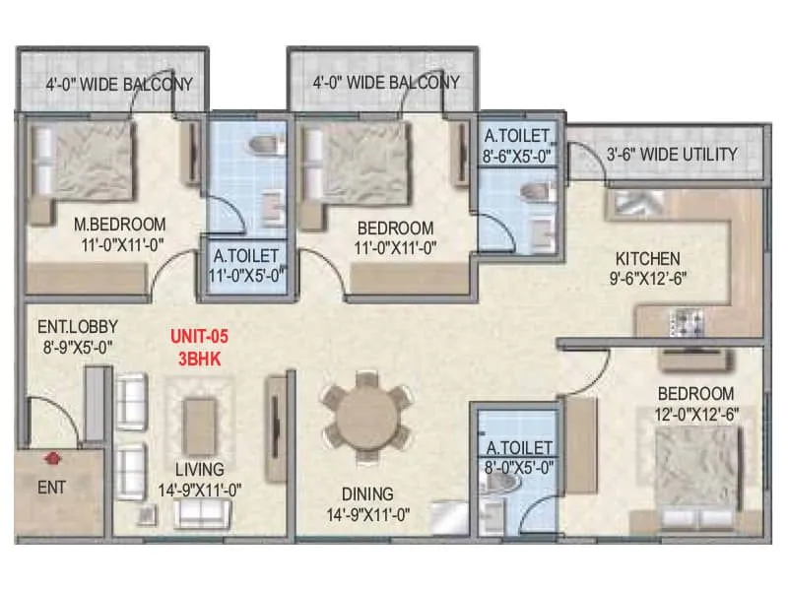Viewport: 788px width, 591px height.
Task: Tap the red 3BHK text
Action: [x=199, y=360]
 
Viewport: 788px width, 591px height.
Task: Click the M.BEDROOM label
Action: [x=120, y=225]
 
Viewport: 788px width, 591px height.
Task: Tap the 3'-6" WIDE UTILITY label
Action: [x=671, y=154]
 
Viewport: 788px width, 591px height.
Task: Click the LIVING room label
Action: [x=200, y=469]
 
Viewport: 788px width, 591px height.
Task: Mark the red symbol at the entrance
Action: [x=51, y=457]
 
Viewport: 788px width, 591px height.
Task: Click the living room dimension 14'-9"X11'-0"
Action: [x=200, y=489]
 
